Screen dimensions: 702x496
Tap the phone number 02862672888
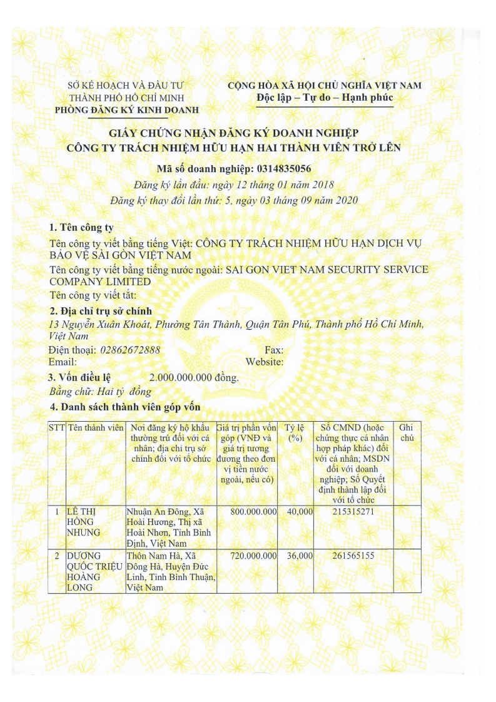129,350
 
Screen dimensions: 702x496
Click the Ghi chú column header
406,432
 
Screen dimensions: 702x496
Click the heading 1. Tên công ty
81,227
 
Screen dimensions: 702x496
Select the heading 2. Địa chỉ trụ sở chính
100,311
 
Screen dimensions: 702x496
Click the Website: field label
265,362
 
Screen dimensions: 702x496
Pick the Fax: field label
275,350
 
